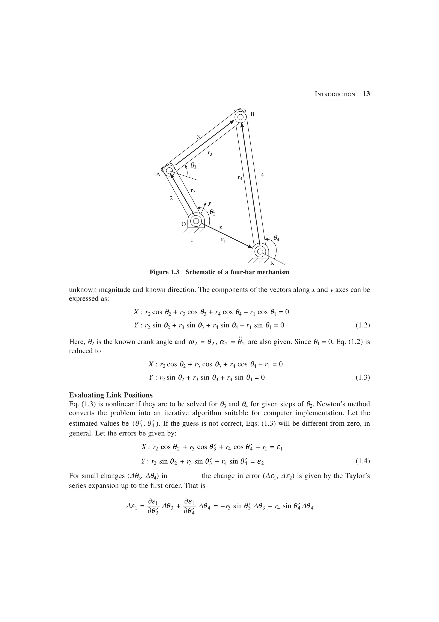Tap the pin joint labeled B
tap(241, 117)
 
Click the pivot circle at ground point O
tap(196, 221)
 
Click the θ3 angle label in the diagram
tap(193, 165)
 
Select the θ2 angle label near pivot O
tap(213, 212)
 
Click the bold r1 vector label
tap(223, 240)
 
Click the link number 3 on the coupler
tap(198, 137)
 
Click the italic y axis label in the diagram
tap(209, 203)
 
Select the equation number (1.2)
tap(362, 325)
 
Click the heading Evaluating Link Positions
tap(111, 395)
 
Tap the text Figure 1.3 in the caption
tap(164, 272)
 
